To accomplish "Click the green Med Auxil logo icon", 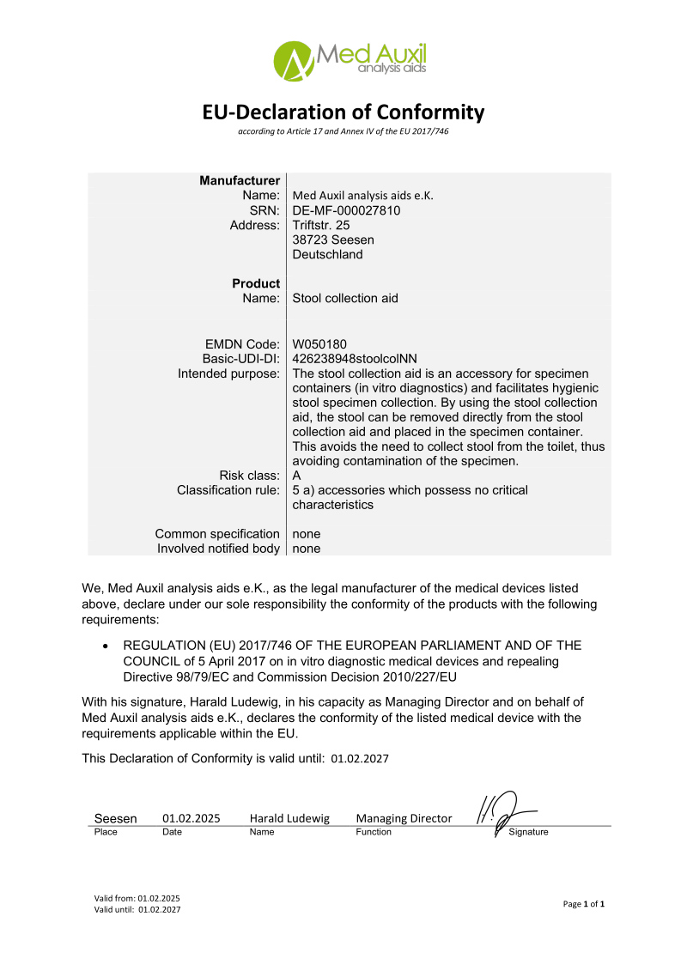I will (x=293, y=59).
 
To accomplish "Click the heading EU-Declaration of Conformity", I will (x=343, y=112).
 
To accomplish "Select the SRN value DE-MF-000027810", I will (x=347, y=210).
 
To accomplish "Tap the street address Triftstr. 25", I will (x=321, y=225).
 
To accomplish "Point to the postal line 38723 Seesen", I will (x=333, y=240).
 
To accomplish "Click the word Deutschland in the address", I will (x=327, y=254).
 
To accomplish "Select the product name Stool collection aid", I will (x=345, y=298).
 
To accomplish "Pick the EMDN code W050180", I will (x=319, y=344).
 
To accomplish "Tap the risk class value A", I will (x=297, y=476).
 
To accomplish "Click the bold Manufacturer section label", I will (x=240, y=181).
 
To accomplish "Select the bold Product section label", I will (x=256, y=283).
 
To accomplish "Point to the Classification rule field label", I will (x=228, y=490).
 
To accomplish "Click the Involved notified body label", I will (x=218, y=549).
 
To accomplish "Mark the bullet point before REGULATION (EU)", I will (x=105, y=646).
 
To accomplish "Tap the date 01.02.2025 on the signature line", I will (x=191, y=818).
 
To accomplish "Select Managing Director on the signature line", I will (x=404, y=818).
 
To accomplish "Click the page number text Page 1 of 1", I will (x=584, y=904).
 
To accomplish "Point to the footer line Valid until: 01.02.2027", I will (x=137, y=909).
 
